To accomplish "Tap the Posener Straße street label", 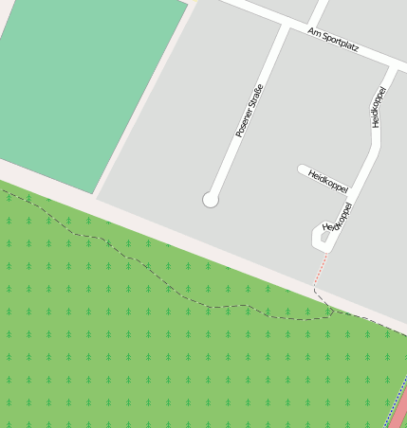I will click(249, 112).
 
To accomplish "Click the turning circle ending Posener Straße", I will click(211, 200).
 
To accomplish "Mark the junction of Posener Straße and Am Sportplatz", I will click(286, 25).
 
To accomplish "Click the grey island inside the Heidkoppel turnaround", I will click(324, 236).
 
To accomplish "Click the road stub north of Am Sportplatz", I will click(320, 11).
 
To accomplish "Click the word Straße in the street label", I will click(254, 98).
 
